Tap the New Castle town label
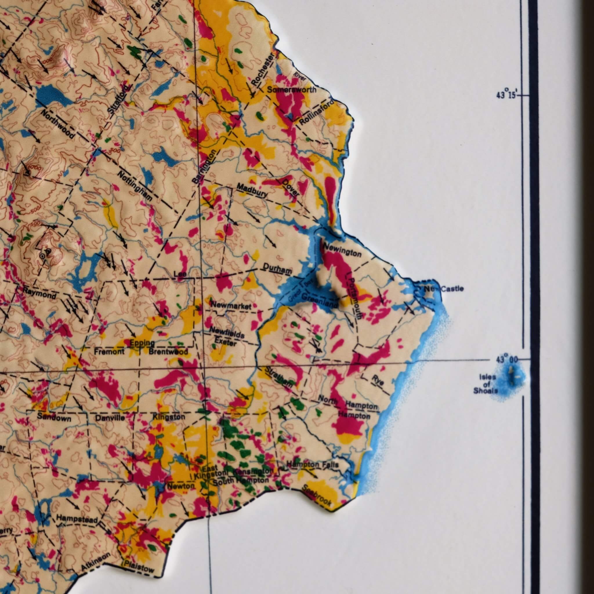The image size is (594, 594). pos(443,289)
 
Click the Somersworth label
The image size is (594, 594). pos(291,90)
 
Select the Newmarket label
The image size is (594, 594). pos(231,306)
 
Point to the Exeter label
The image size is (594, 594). pos(226,342)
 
